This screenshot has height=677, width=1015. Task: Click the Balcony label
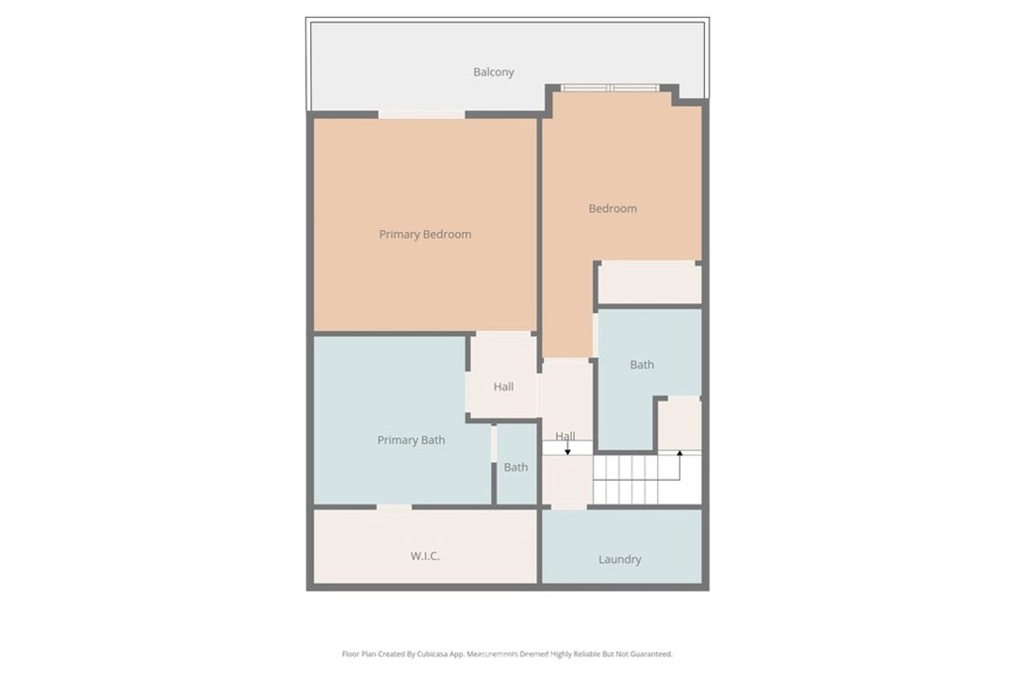(x=493, y=72)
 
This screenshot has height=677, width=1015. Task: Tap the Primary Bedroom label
(x=425, y=235)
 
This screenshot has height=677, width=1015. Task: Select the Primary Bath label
(x=410, y=440)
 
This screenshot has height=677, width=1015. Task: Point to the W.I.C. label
(x=424, y=556)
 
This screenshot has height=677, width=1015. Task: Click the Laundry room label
(x=620, y=560)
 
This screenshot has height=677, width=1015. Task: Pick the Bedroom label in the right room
(x=613, y=209)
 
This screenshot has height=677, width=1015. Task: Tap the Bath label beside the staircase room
(x=641, y=365)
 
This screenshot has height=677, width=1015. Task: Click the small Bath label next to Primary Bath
(x=515, y=467)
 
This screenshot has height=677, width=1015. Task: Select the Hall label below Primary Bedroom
(x=504, y=387)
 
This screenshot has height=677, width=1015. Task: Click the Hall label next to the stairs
(x=565, y=436)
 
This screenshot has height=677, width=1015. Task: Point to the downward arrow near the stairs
(x=568, y=450)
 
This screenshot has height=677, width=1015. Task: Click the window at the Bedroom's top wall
(x=611, y=88)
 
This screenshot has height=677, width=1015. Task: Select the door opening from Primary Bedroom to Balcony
(x=421, y=115)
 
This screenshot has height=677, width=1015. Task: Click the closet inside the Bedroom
(x=649, y=283)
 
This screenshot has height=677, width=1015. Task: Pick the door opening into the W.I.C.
(x=394, y=508)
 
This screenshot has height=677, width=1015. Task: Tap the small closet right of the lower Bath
(x=680, y=424)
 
